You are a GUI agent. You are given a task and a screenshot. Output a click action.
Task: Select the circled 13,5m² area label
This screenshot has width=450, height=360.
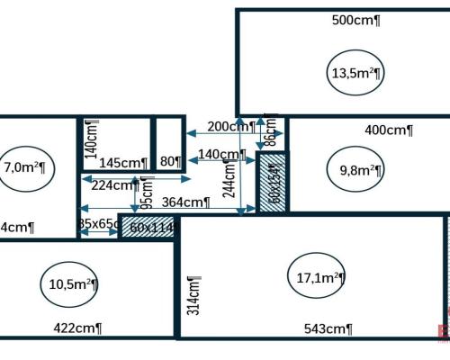pyautogui.click(x=352, y=73)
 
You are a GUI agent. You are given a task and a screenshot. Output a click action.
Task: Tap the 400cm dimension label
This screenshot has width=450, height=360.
pyautogui.click(x=389, y=130)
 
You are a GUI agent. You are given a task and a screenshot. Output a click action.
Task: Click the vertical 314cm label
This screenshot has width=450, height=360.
pyautogui.click(x=193, y=294)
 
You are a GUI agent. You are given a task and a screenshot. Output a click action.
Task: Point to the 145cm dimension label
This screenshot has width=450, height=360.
pyautogui.click(x=123, y=163)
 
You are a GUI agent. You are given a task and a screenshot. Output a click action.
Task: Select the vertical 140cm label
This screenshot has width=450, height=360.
pyautogui.click(x=90, y=139)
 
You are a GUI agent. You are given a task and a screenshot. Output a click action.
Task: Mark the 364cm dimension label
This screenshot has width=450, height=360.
pyautogui.click(x=185, y=202)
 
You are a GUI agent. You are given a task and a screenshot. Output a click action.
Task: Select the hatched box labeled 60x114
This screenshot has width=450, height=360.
pyautogui.click(x=149, y=228)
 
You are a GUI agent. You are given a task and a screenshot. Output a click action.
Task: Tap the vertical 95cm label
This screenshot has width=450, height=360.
pyautogui.click(x=146, y=191)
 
